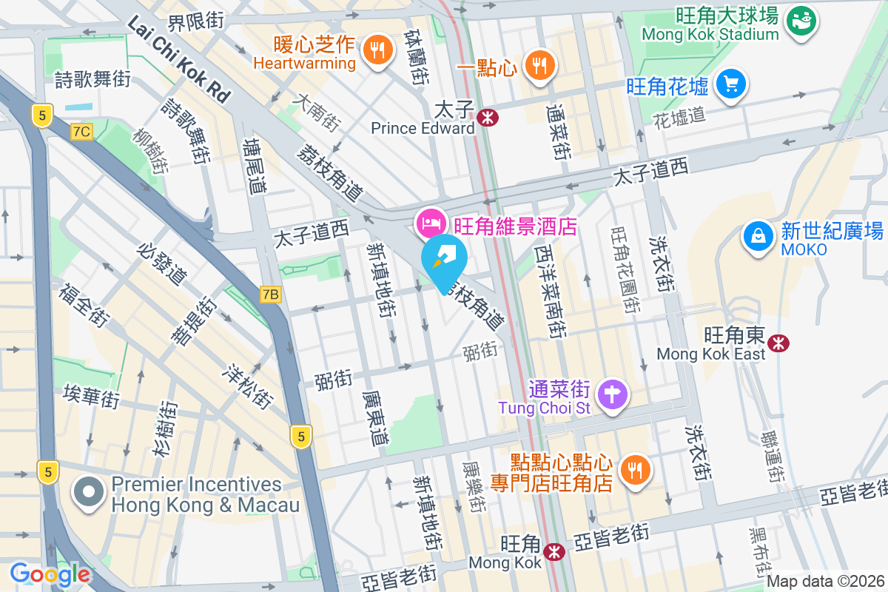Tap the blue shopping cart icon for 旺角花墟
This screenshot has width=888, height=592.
(x=732, y=84)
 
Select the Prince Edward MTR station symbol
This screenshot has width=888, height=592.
(x=487, y=117)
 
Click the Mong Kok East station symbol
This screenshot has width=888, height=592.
(x=778, y=343)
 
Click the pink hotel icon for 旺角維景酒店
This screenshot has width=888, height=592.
(x=431, y=221)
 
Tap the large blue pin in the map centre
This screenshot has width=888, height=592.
(x=444, y=259)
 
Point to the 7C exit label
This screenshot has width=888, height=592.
(x=81, y=132)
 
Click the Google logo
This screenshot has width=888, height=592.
(x=50, y=573)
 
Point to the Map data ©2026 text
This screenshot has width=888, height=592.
(x=825, y=582)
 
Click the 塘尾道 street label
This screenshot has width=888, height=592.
(x=256, y=167)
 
